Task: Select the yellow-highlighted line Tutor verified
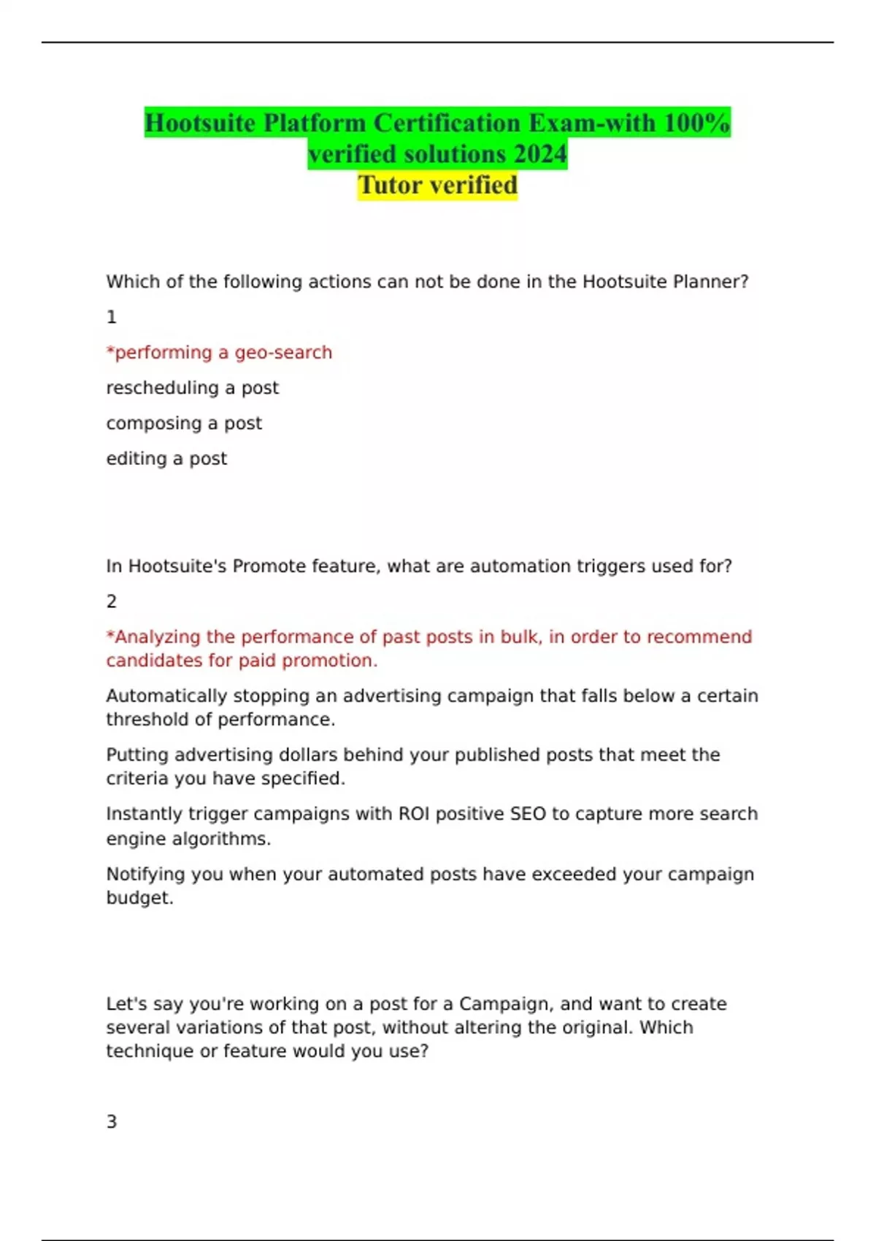point(437,185)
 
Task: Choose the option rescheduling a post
point(192,388)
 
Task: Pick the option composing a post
point(184,423)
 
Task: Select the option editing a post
point(166,458)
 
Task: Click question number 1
point(112,318)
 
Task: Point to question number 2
point(112,602)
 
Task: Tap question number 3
point(112,1122)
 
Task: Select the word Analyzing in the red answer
point(158,637)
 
